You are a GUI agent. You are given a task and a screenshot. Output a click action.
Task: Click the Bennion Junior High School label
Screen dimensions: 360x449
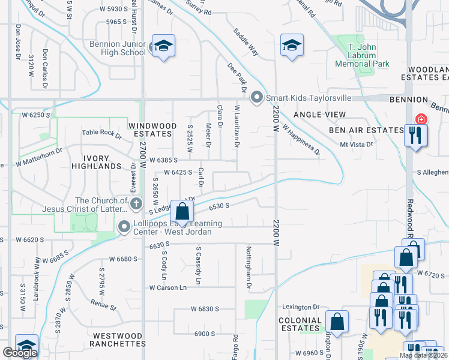[x=118, y=48]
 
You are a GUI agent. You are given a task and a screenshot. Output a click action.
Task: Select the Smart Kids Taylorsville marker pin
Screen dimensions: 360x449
[x=258, y=97]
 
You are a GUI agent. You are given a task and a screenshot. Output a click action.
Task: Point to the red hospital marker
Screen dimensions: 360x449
[x=421, y=119]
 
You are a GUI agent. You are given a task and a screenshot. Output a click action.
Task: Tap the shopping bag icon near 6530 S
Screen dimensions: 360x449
[x=182, y=211]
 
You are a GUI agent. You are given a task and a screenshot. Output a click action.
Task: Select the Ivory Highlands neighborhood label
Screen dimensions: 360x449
[x=97, y=161]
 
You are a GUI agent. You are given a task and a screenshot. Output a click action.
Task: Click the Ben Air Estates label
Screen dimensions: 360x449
[x=366, y=130]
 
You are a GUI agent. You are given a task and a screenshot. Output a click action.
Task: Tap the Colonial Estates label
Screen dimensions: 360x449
[x=300, y=325]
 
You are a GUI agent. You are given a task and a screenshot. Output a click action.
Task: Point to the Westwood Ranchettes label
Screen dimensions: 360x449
[x=117, y=340]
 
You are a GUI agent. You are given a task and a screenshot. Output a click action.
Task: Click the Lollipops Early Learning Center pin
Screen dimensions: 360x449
[x=124, y=227]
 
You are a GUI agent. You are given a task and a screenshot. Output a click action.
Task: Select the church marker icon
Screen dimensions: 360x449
[x=136, y=204]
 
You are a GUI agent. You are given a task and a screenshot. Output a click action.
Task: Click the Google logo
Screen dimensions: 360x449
[x=20, y=353]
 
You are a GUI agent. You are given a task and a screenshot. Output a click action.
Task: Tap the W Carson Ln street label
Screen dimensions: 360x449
[x=168, y=287]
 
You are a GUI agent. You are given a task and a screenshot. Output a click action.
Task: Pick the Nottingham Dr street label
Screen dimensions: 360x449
[x=247, y=268]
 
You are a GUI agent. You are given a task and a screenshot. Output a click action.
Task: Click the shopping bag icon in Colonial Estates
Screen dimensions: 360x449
[x=337, y=320]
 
